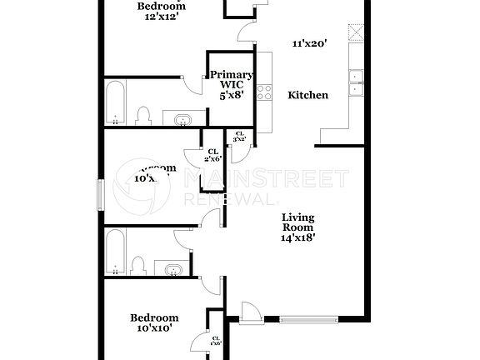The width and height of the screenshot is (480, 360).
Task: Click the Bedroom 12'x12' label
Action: coord(161,10)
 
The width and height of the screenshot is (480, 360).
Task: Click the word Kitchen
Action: coord(307,95)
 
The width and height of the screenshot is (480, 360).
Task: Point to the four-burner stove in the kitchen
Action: coord(265,92)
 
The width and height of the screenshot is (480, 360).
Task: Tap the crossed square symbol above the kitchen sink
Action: coord(357,32)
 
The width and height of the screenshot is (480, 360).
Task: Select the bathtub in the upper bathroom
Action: coord(116,102)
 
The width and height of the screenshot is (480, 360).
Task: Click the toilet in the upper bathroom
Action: coord(142,115)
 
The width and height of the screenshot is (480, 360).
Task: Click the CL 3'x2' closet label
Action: coord(240,137)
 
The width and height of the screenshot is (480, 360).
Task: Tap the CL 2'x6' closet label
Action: coord(212,155)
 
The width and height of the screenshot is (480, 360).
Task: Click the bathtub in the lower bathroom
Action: coord(117,252)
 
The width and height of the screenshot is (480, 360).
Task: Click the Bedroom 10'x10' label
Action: coord(154,322)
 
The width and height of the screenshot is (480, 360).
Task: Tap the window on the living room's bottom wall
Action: coord(308,317)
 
